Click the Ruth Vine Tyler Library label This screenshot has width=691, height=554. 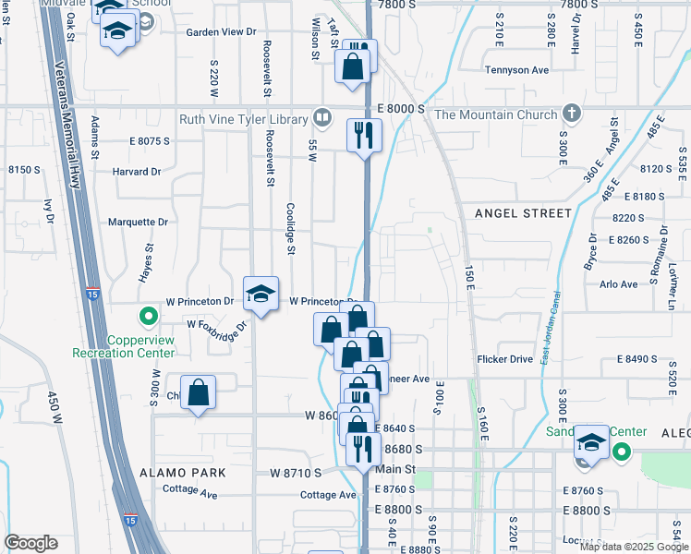pos(245,118)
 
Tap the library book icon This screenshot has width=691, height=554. pos(321,117)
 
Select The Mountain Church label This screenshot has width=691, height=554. pos(496,114)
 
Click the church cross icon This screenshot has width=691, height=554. pos(573,114)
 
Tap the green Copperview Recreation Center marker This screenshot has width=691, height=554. pos(147,319)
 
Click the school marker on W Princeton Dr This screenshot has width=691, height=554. pos(261,295)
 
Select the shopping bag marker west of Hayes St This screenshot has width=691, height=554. pos(199,392)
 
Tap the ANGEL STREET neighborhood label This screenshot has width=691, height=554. pos(523,213)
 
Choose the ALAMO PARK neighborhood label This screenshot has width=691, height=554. pos(183,472)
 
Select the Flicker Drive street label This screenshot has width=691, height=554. pos(505,358)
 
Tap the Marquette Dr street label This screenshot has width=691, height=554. pos(138,222)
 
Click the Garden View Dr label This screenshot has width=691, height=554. pos(220,31)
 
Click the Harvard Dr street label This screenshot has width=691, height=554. pos(137,172)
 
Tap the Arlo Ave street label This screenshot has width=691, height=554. pos(618,284)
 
